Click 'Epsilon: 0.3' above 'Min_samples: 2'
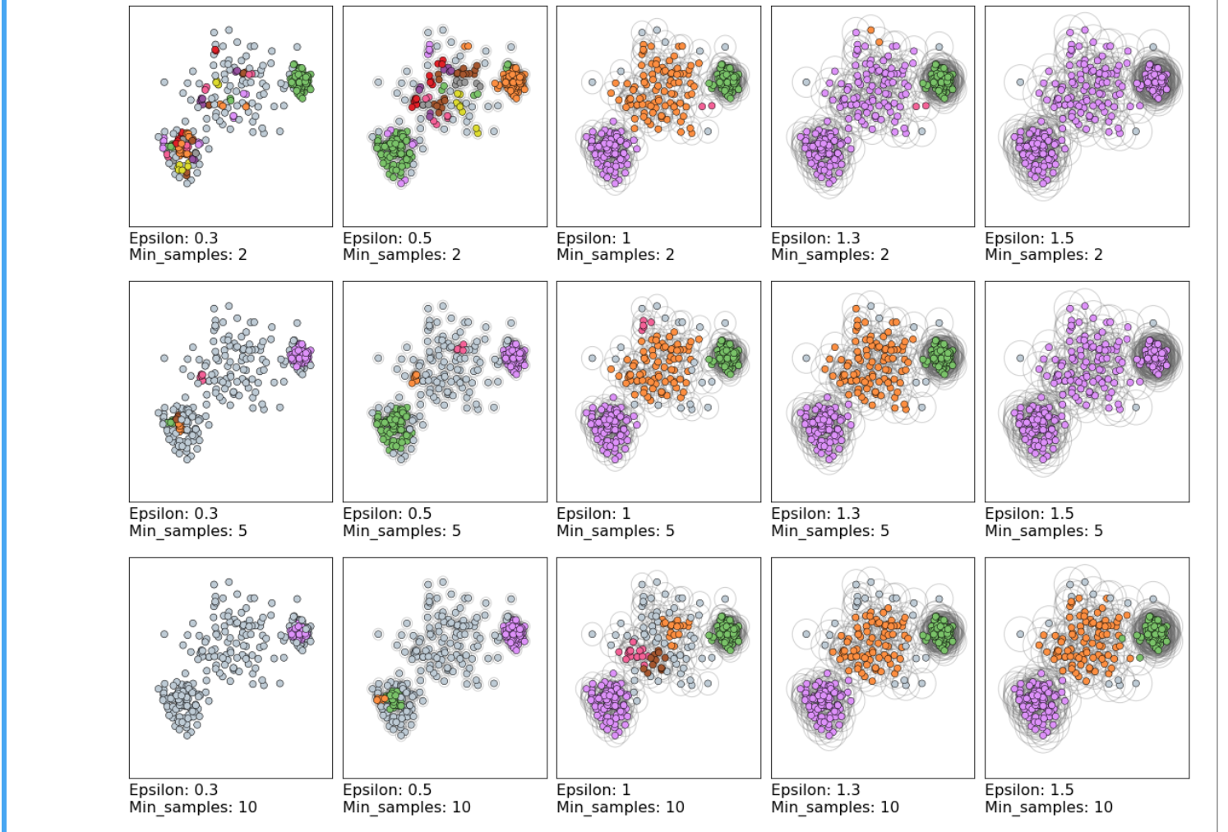(173, 238)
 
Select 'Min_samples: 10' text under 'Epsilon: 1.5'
(1049, 807)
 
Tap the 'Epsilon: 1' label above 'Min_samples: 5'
(593, 514)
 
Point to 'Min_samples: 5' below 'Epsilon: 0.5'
(402, 531)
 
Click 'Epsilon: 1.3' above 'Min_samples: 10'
(815, 790)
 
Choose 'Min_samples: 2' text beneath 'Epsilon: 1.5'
(1044, 255)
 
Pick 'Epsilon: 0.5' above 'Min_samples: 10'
(387, 790)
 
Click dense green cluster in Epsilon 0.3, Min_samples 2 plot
(300, 81)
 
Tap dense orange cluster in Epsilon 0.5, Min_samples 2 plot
(512, 81)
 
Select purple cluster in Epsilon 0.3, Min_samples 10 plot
(299, 632)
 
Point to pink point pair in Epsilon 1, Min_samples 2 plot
(706, 106)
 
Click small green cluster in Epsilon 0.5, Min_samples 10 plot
(395, 700)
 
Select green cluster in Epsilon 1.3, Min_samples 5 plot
(939, 356)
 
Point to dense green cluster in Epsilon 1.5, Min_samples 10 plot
(1154, 632)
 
